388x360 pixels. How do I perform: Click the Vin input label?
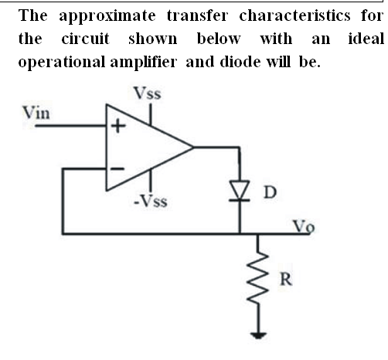coord(36,113)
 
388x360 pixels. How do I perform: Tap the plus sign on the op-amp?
coord(117,127)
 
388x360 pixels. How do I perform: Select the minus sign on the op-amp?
coord(117,169)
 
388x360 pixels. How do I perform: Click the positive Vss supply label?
coord(147,93)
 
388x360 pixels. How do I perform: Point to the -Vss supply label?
coord(151,201)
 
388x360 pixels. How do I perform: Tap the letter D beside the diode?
coord(270,192)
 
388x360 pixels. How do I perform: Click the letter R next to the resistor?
coord(286,279)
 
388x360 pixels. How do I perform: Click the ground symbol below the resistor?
coord(258,336)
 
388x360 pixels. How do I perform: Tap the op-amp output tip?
coord(193,148)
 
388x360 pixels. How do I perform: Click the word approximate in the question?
coord(107,16)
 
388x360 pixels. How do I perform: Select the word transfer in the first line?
coord(197,15)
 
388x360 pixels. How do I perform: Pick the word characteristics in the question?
coord(294,15)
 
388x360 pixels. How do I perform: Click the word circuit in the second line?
coord(86,39)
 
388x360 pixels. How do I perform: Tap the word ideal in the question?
coord(366,39)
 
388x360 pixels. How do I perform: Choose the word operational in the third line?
coord(62,63)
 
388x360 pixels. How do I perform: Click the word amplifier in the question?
coord(144,63)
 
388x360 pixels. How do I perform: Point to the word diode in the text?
coord(240,62)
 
